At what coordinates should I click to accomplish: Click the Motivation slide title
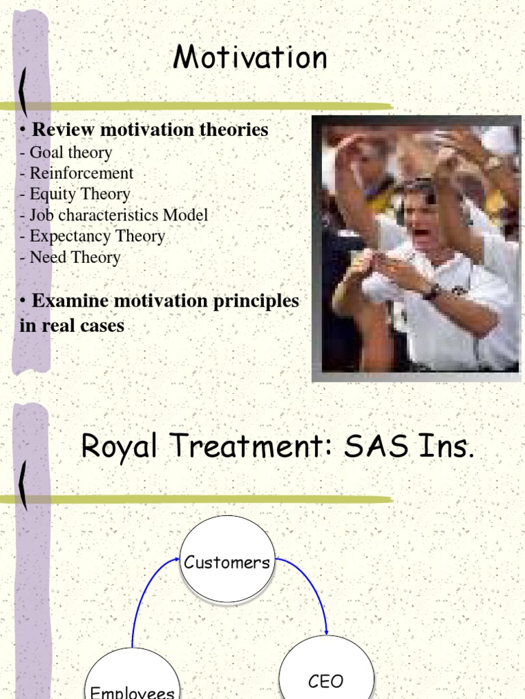click(250, 57)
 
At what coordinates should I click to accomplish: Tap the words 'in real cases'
click(72, 326)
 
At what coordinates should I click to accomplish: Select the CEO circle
click(326, 672)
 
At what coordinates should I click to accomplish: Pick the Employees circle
click(133, 679)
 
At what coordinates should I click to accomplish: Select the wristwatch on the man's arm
click(431, 291)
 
